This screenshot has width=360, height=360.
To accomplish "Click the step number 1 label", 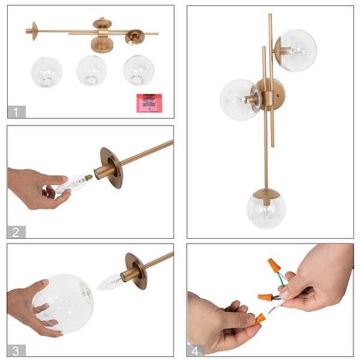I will tap(16, 112).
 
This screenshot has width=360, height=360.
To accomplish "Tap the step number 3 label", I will tap(16, 350).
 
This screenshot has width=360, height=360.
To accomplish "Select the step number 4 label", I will tap(196, 350).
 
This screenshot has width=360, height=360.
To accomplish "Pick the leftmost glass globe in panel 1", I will tap(46, 71).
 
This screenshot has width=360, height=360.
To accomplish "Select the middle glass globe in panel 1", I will tap(92, 70).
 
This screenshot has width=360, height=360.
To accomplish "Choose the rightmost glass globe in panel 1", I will tap(139, 70).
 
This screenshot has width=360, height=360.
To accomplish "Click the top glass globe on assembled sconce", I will tap(295, 50).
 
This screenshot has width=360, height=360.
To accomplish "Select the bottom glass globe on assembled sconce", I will tap(266, 209).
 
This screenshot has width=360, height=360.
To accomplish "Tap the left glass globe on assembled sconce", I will tap(239, 100).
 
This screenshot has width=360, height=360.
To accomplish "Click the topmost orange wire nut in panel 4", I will tap(275, 265).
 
